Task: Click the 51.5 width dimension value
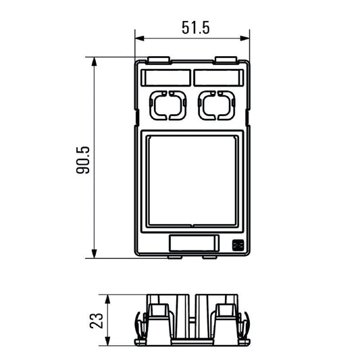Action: tap(196, 28)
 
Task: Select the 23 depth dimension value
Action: tap(97, 319)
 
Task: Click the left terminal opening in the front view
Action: tap(166, 105)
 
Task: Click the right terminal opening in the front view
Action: tap(216, 105)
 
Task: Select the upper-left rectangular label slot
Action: tap(165, 78)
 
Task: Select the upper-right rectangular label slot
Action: tap(218, 78)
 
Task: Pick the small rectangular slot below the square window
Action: tap(192, 243)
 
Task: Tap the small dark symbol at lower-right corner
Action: tap(238, 246)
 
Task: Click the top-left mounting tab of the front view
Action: tap(157, 60)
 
